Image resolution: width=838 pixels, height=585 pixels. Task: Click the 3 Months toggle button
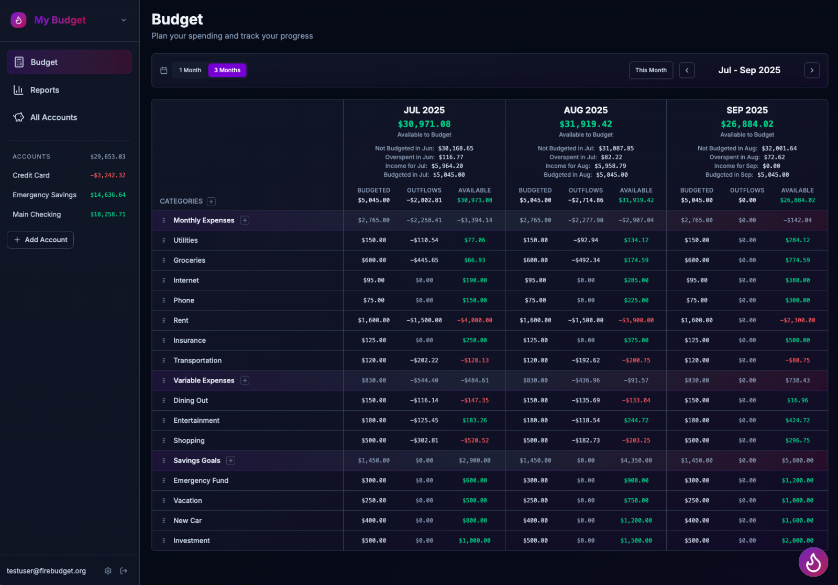227,70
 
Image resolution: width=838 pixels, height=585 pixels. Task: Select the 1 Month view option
190,70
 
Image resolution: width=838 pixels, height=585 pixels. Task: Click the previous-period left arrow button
687,70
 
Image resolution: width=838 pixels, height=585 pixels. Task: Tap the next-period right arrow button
812,70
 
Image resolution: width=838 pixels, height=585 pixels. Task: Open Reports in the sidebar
45,90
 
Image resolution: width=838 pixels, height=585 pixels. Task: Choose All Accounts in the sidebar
53,117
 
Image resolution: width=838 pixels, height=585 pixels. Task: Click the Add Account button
40,240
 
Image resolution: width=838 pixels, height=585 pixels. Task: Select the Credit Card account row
31,175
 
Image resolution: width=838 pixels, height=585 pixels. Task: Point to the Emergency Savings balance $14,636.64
108,195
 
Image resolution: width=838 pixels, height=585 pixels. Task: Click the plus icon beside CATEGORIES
211,201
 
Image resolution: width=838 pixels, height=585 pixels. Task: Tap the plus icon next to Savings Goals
231,460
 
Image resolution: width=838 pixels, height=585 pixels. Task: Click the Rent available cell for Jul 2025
475,320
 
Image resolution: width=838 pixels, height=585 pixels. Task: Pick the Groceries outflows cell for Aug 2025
586,260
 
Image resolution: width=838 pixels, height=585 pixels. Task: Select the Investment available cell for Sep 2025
797,541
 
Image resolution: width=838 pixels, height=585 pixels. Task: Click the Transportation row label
197,361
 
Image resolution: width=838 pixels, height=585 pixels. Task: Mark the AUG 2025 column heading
586,110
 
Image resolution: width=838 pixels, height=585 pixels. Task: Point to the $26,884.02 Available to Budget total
747,124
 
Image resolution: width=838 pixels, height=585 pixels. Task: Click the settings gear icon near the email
108,571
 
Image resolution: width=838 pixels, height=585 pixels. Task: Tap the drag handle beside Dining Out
163,401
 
